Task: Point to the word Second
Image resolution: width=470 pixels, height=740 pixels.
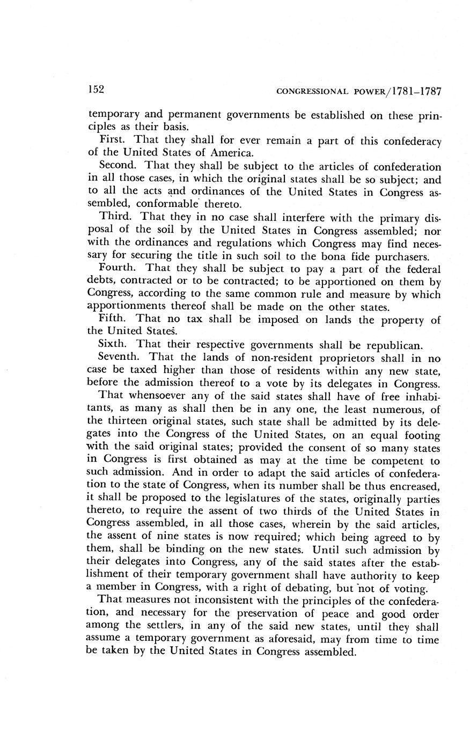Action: (119, 166)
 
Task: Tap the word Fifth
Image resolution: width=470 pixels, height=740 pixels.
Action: (112, 319)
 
